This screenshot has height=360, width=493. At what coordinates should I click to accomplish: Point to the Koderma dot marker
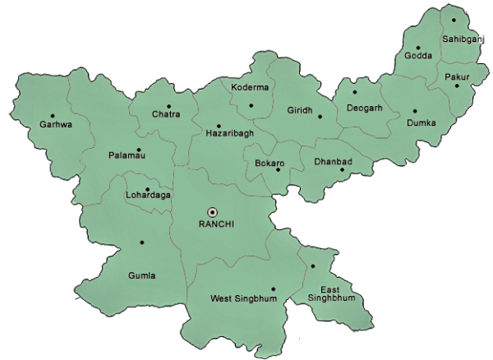(251, 104)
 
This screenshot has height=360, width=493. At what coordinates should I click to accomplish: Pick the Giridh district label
(300, 110)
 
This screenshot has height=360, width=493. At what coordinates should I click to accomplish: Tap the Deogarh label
(364, 107)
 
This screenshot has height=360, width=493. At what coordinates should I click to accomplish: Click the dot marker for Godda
(417, 48)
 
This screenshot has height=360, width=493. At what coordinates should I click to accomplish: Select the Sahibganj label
(463, 39)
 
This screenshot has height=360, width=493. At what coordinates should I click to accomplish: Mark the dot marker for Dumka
(415, 111)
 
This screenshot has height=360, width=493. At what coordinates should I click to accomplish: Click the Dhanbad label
(333, 162)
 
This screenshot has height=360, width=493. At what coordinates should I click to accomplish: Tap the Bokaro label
(270, 163)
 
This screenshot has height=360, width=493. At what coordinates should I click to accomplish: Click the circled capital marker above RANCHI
(212, 211)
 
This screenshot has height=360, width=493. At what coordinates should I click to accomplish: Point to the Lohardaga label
(148, 196)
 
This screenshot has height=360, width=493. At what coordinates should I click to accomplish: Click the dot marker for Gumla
(141, 242)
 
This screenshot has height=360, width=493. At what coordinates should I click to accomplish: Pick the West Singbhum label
(244, 299)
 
